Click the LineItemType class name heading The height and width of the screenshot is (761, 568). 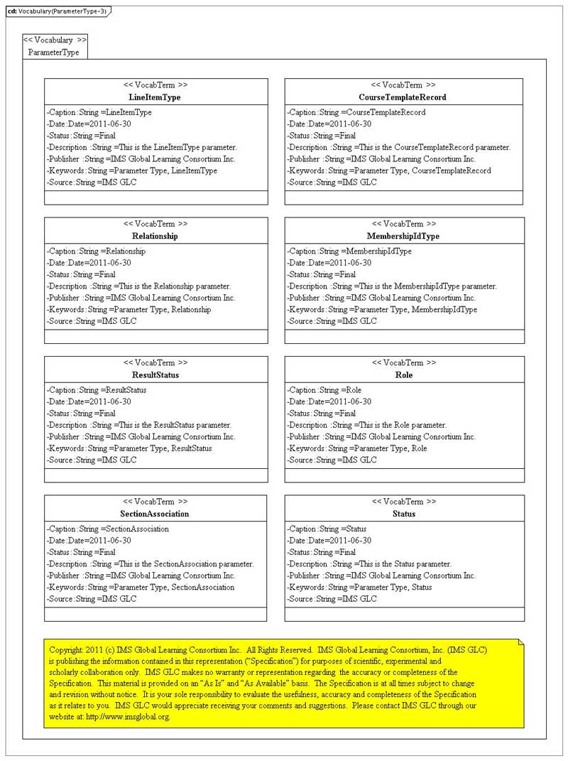[155, 97]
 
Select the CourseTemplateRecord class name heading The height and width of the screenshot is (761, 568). [403, 97]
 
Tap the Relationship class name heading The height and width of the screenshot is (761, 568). [155, 236]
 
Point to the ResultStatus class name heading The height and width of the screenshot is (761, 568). [155, 374]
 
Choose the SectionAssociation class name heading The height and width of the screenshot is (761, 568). [155, 514]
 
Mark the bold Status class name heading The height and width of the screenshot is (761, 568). [403, 514]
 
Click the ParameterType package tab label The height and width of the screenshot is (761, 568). [53, 53]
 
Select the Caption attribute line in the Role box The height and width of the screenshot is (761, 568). [324, 390]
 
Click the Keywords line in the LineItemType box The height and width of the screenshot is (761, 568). [132, 171]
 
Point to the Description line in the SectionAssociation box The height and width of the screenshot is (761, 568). [150, 564]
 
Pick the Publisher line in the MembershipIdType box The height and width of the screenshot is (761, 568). [381, 298]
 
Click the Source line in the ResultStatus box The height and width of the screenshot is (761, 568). [91, 460]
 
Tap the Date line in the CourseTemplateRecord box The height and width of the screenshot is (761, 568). [329, 124]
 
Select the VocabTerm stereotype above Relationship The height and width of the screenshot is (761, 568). [155, 224]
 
